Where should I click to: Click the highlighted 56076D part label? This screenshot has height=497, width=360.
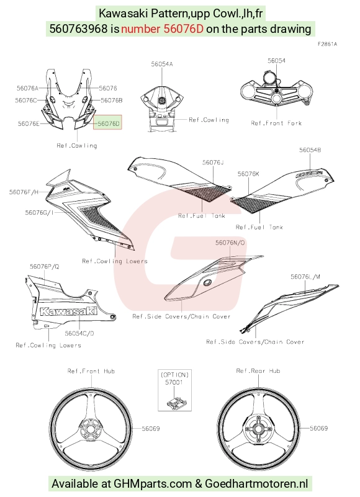(109, 123)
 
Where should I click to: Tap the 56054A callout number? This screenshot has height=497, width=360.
(162, 64)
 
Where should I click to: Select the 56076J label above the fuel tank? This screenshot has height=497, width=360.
(213, 163)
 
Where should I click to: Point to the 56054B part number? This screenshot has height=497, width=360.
(310, 150)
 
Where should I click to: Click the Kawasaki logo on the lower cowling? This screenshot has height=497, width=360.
(68, 311)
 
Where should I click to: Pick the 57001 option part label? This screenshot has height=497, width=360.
(174, 382)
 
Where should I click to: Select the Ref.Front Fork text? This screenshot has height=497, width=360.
(276, 123)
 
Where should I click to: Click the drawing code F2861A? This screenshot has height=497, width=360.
(327, 44)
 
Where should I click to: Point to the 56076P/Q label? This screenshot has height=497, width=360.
(45, 267)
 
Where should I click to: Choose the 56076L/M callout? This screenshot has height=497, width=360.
(305, 277)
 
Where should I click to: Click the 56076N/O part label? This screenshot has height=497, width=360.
(230, 243)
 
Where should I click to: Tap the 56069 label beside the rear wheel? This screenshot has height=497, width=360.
(319, 428)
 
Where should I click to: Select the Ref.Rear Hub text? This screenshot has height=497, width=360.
(258, 371)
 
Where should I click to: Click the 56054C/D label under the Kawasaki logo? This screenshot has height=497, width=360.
(79, 333)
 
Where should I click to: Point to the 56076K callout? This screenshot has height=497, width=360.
(248, 174)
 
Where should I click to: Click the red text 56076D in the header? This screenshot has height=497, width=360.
(183, 29)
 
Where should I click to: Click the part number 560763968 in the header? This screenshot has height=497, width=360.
(78, 29)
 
